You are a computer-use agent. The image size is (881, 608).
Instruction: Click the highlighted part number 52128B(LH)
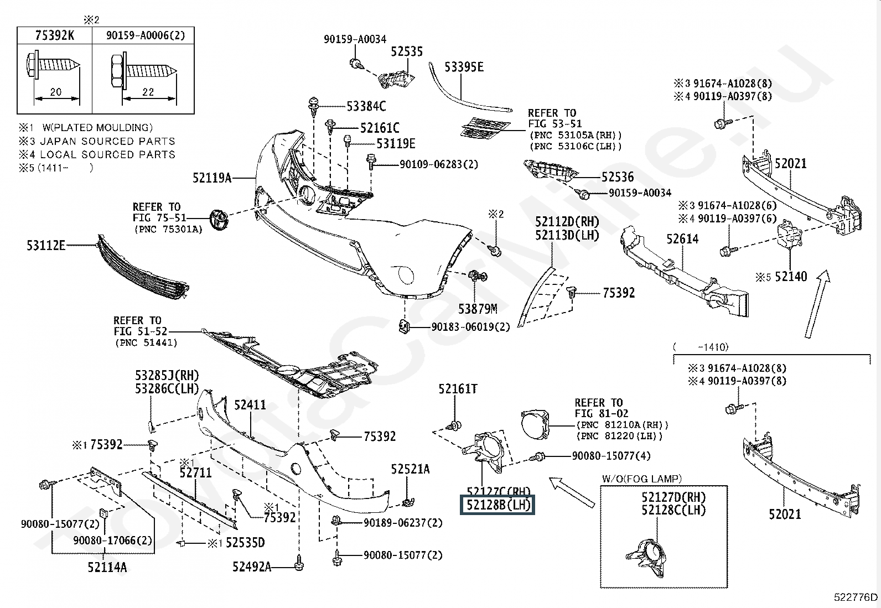click(498, 505)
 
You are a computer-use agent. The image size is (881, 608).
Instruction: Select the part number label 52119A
click(211, 178)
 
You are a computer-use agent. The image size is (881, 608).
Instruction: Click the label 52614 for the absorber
click(682, 239)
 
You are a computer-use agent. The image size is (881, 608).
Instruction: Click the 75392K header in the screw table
click(54, 35)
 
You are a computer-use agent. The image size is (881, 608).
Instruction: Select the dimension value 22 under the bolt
click(148, 92)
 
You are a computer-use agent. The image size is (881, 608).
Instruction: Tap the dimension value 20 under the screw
click(55, 92)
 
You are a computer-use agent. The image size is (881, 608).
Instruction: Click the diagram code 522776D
click(856, 597)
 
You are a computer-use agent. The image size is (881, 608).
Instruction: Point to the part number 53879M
click(477, 309)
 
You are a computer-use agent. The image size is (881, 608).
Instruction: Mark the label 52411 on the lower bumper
click(250, 405)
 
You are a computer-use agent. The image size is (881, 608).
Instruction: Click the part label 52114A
click(107, 567)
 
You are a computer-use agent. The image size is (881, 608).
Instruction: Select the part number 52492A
click(251, 567)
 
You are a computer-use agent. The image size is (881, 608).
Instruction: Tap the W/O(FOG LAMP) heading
click(642, 479)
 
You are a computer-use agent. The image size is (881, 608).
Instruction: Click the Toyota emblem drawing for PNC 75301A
click(219, 220)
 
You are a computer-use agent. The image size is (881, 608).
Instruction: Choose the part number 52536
click(617, 177)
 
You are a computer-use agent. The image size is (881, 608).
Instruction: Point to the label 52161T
click(458, 389)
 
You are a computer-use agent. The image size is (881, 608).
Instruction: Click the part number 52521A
click(410, 469)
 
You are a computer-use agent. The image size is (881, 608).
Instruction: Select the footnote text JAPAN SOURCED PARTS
click(107, 141)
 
